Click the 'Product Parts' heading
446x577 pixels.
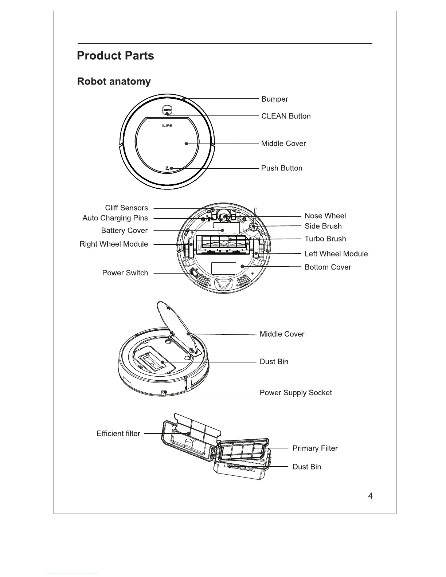pyautogui.click(x=115, y=56)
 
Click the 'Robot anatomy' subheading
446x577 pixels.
pyautogui.click(x=114, y=81)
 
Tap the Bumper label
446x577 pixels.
pyautogui.click(x=274, y=99)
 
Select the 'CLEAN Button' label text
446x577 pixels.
pyautogui.click(x=286, y=116)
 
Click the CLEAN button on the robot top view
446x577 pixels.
pyautogui.click(x=167, y=110)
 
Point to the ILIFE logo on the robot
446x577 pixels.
pyautogui.click(x=167, y=126)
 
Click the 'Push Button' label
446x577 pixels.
pyautogui.click(x=281, y=168)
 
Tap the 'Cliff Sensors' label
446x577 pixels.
pyautogui.click(x=126, y=208)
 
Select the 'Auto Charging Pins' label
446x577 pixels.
pyautogui.click(x=115, y=218)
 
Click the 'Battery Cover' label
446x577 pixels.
pyautogui.click(x=124, y=231)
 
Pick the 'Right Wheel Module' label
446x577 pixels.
pyautogui.click(x=114, y=244)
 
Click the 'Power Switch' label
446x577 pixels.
pyautogui.click(x=125, y=273)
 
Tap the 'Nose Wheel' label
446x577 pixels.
pyautogui.click(x=325, y=216)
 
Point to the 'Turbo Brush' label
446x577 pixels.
pyautogui.click(x=325, y=239)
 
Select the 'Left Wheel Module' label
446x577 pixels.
pyautogui.click(x=336, y=254)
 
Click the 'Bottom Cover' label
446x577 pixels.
pyautogui.click(x=328, y=267)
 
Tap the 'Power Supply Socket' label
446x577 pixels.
pyautogui.click(x=296, y=393)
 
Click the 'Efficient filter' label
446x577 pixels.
pyautogui.click(x=118, y=433)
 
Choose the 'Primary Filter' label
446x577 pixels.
pyautogui.click(x=315, y=448)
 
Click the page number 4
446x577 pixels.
pyautogui.click(x=370, y=496)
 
